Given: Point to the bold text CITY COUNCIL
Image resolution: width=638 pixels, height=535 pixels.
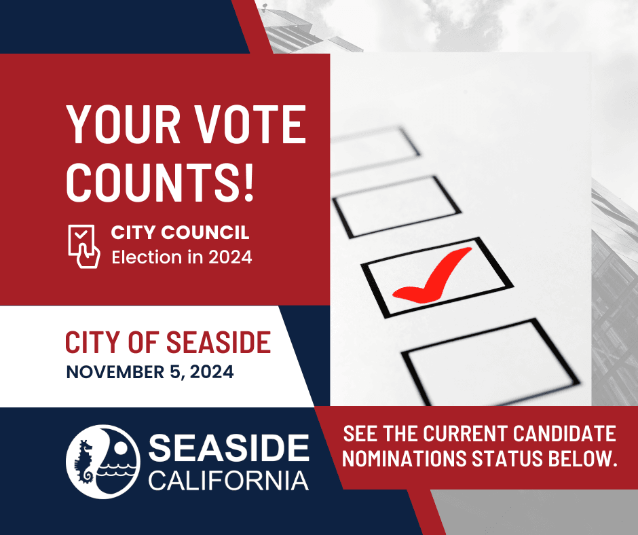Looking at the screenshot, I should [180, 234].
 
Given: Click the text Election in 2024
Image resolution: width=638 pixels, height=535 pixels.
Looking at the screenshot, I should [181, 258].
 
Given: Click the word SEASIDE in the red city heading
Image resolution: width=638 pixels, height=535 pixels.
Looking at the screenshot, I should [219, 342].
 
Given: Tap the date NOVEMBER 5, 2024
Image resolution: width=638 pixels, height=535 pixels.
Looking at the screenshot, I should [149, 373].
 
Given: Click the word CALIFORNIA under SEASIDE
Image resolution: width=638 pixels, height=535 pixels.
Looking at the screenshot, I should [229, 481].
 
